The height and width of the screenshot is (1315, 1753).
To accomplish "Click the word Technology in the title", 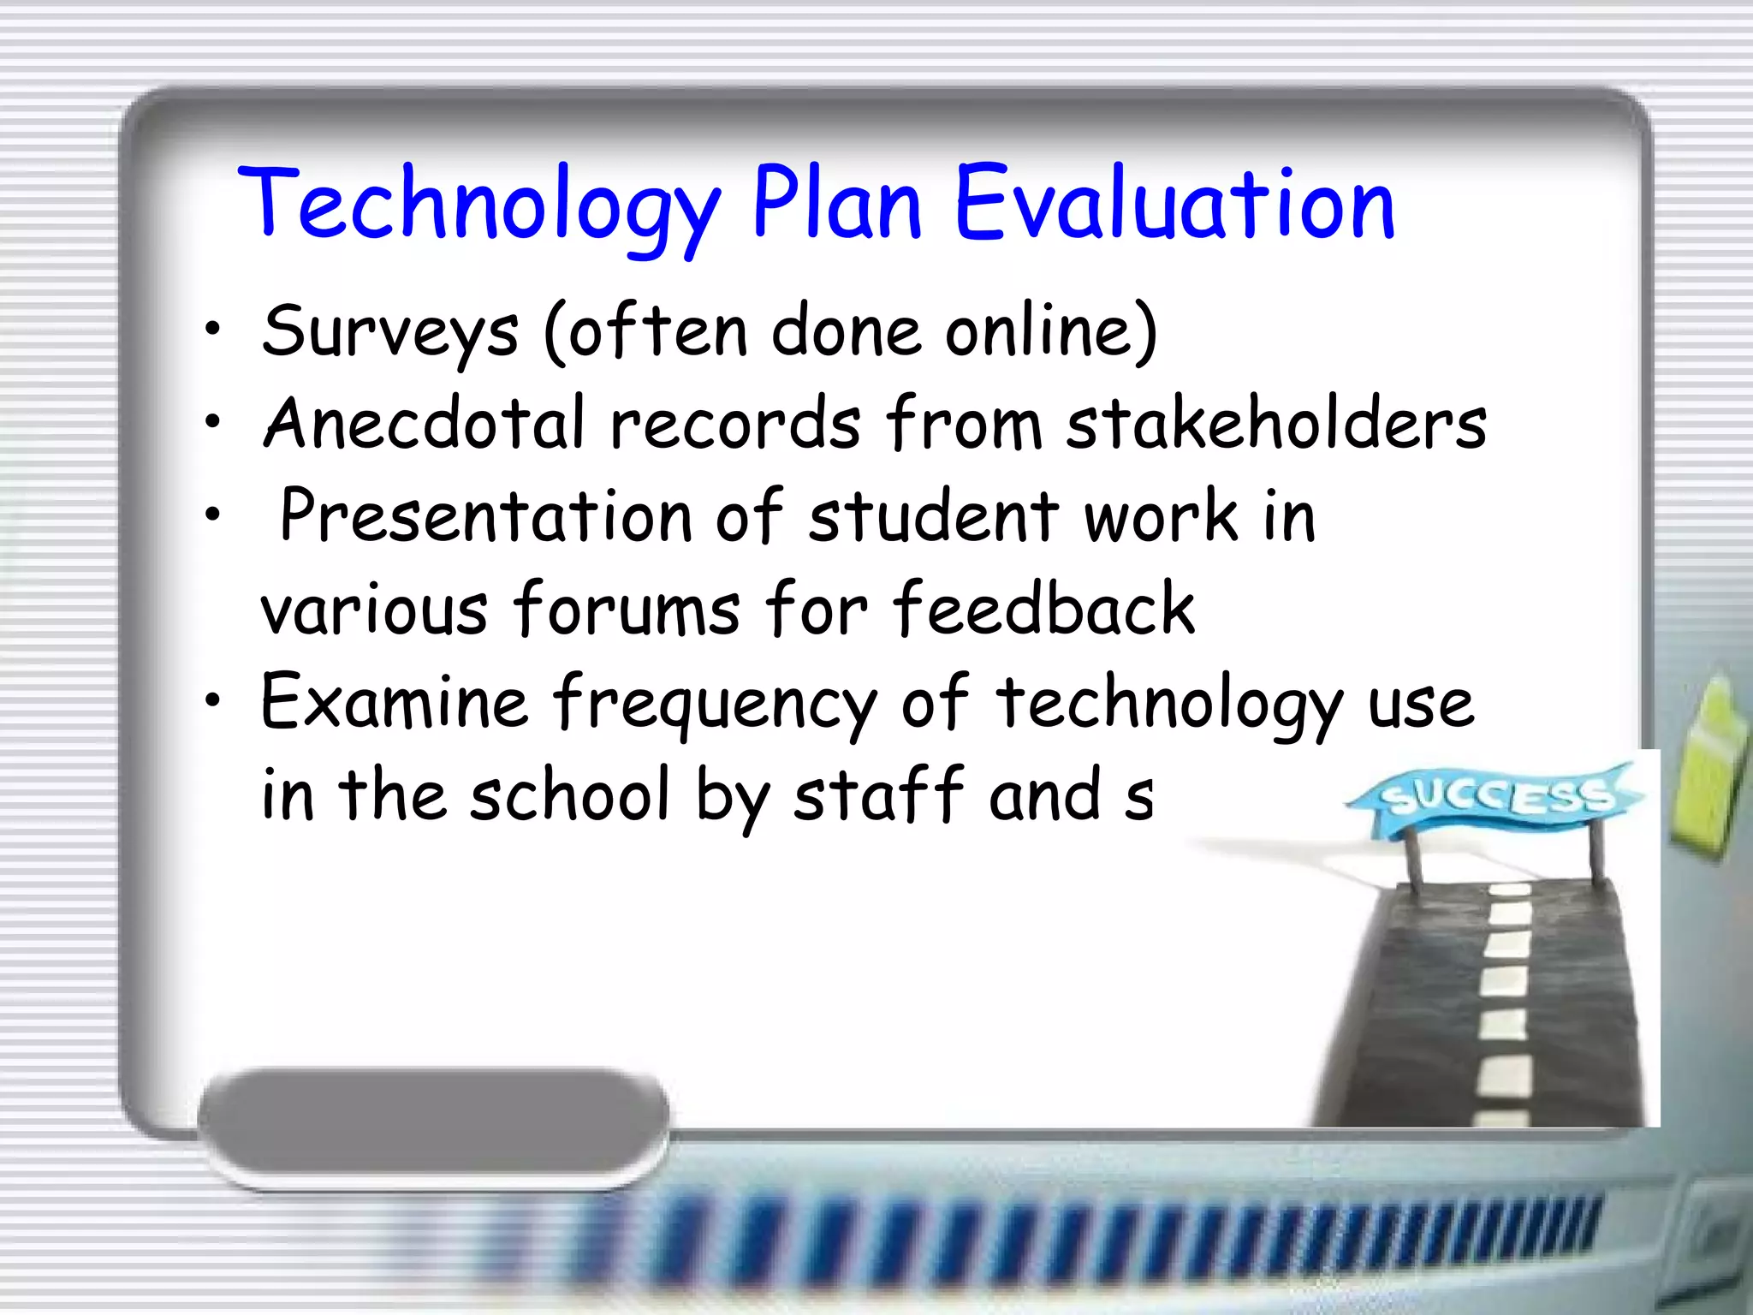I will coord(479,205).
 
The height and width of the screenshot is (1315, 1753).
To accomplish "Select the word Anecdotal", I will coord(425,424).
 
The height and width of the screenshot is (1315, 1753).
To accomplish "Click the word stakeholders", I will coord(1275,424).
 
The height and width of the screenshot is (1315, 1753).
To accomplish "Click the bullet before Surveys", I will coord(213,328).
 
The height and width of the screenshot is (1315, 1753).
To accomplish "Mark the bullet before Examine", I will coord(213,700).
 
